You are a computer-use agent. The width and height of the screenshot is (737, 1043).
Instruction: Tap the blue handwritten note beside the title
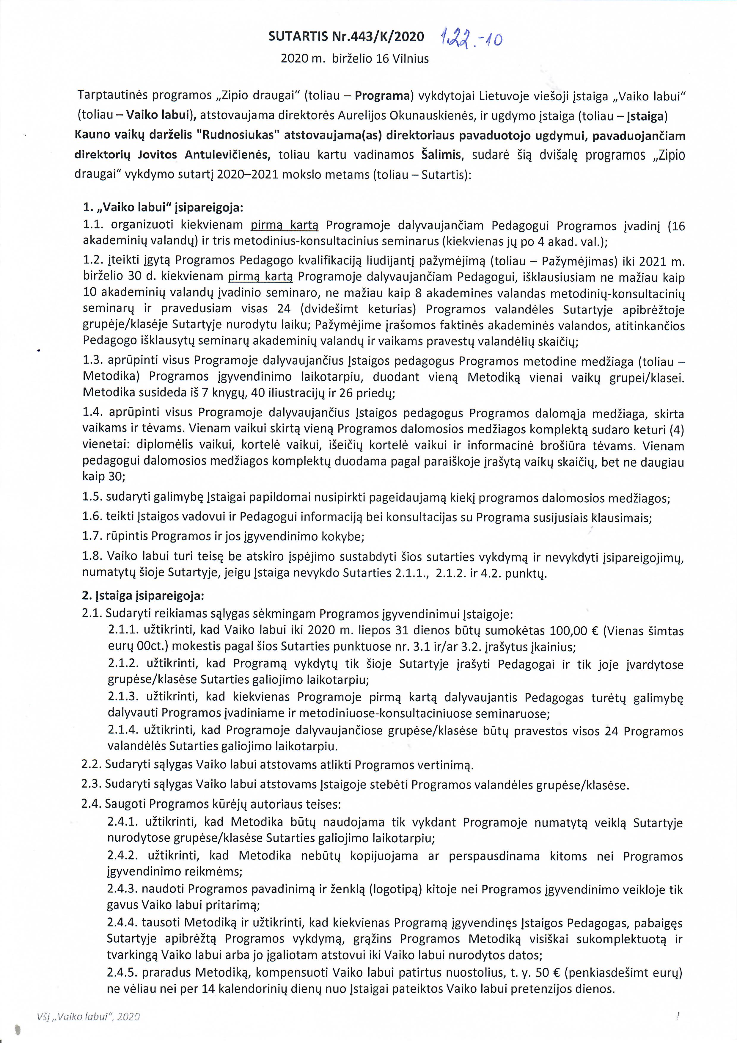(x=471, y=39)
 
